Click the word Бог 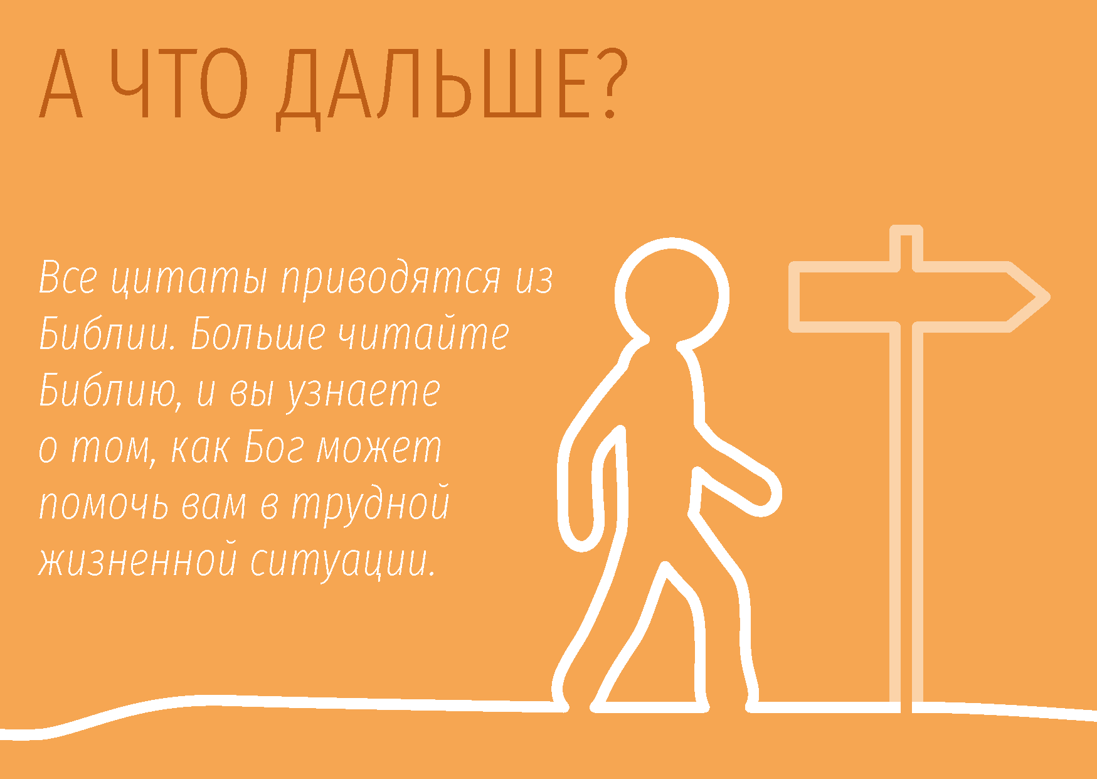(275, 447)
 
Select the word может (380, 448)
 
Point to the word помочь (104, 505)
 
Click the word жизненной (138, 561)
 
